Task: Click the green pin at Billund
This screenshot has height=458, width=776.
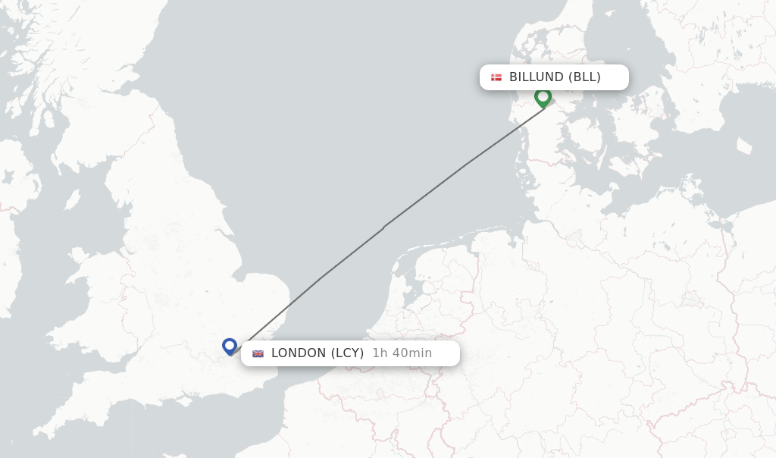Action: (543, 97)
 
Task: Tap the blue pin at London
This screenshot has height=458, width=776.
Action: (230, 346)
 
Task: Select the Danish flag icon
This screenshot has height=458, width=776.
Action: (496, 77)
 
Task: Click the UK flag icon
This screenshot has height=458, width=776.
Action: (258, 353)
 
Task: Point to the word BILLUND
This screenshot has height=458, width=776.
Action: (537, 77)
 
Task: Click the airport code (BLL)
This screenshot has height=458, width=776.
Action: (584, 77)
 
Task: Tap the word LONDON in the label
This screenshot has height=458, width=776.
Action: (299, 353)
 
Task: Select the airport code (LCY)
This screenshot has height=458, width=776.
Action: (347, 353)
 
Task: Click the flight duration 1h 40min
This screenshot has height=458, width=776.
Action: (402, 353)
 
